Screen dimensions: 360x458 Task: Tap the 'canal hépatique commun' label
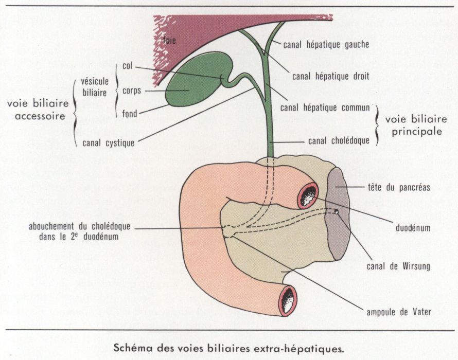(x=325, y=109)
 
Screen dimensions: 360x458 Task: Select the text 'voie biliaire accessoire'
(x=36, y=110)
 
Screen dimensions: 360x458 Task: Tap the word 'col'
(x=128, y=66)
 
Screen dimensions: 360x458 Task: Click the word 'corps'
(x=132, y=91)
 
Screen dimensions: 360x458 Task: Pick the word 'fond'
(x=130, y=114)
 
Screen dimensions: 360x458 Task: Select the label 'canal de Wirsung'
(x=398, y=266)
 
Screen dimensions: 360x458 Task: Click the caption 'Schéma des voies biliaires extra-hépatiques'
(x=228, y=347)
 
